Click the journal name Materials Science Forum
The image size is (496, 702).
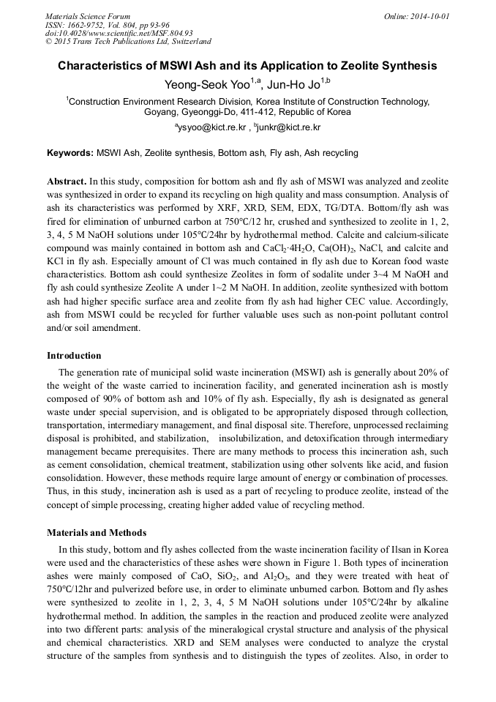click(88, 15)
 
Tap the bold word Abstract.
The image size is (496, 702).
click(67, 180)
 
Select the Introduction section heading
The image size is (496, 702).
click(74, 356)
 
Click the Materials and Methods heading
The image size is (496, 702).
click(97, 532)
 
